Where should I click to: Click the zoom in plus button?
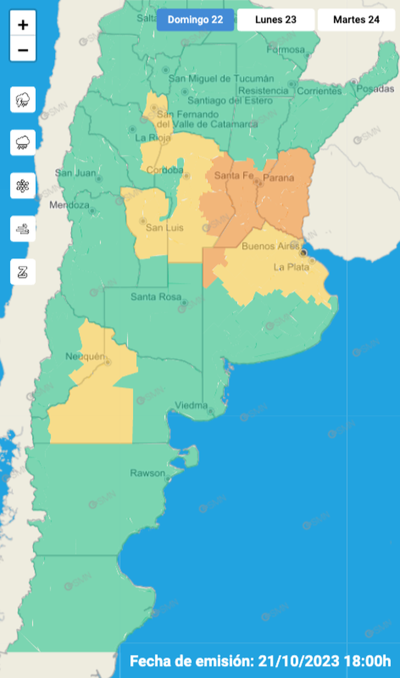tap(23, 25)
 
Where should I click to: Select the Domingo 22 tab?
tap(195, 20)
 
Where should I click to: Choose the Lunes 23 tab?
tap(275, 20)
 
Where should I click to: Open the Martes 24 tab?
tap(356, 20)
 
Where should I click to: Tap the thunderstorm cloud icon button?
tap(23, 100)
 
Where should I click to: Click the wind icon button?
tap(23, 229)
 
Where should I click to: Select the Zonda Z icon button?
tap(23, 271)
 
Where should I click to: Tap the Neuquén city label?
tap(85, 356)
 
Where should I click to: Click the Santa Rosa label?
tap(155, 297)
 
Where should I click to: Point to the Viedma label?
tap(191, 405)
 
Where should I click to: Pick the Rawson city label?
tap(147, 473)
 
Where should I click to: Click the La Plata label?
tap(289, 267)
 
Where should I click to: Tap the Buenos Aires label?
tap(270, 247)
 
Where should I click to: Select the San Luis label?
tap(164, 228)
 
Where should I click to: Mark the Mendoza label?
tap(69, 205)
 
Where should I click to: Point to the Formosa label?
tap(286, 50)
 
